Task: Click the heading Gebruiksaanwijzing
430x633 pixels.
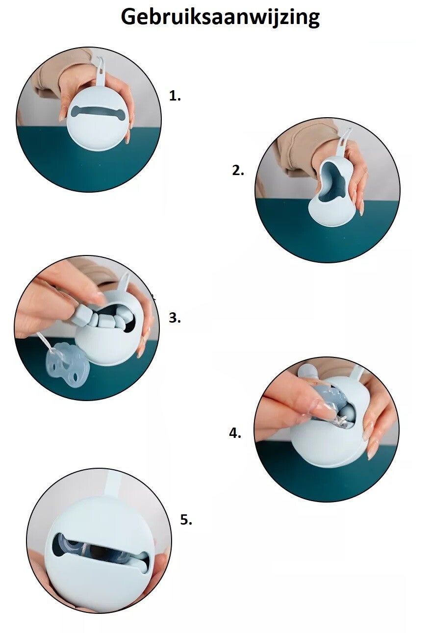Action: click(x=220, y=18)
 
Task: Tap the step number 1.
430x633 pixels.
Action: click(x=175, y=96)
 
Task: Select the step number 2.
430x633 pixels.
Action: click(x=238, y=171)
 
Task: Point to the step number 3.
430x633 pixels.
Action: click(x=175, y=318)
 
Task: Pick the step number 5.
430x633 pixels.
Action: click(x=186, y=519)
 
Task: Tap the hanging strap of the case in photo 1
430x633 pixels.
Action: click(x=101, y=72)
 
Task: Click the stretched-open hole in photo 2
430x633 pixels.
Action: click(x=333, y=181)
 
